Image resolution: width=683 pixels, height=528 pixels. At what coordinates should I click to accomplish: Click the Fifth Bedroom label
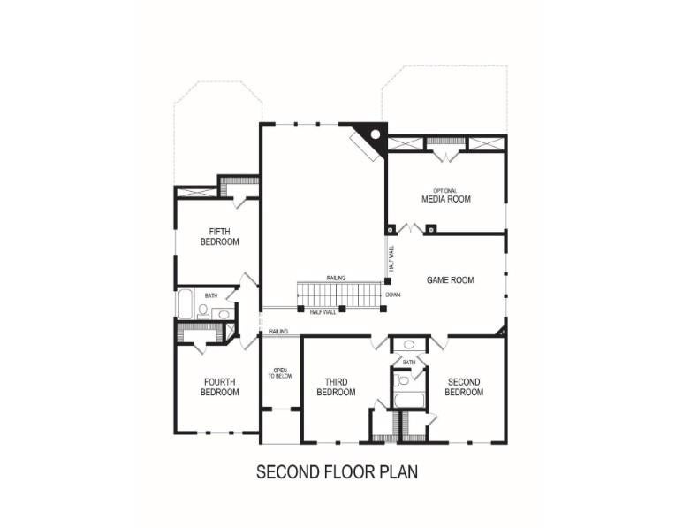219,236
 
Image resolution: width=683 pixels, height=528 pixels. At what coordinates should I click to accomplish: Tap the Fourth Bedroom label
219,387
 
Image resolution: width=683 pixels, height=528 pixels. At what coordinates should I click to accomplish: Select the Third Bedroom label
336,387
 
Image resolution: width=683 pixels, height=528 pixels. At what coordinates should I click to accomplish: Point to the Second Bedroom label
464,387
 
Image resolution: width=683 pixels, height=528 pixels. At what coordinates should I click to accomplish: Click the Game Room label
451,279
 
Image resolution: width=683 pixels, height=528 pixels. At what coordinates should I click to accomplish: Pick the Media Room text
446,199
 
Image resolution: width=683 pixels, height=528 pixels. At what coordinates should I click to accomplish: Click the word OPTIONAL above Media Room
445,190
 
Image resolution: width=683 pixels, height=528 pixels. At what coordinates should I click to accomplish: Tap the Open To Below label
280,372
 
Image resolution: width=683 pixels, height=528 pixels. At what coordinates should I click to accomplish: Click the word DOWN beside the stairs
393,295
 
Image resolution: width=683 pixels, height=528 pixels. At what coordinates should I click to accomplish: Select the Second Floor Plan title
337,471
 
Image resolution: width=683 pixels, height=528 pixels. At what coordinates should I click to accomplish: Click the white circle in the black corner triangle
375,134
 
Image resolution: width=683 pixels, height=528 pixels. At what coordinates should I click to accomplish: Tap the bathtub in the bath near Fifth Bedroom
185,304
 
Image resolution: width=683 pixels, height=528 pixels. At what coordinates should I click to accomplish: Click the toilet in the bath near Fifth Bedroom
203,311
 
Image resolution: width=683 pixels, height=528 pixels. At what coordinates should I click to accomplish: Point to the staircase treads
340,295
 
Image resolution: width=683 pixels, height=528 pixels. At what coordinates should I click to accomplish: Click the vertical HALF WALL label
391,259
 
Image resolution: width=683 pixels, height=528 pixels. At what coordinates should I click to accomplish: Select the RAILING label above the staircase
336,278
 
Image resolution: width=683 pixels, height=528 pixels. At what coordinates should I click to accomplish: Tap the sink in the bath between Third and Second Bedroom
408,344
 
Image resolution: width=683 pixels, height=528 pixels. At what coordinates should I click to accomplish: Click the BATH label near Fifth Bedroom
211,295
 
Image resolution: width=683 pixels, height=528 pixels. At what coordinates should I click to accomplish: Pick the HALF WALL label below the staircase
323,312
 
